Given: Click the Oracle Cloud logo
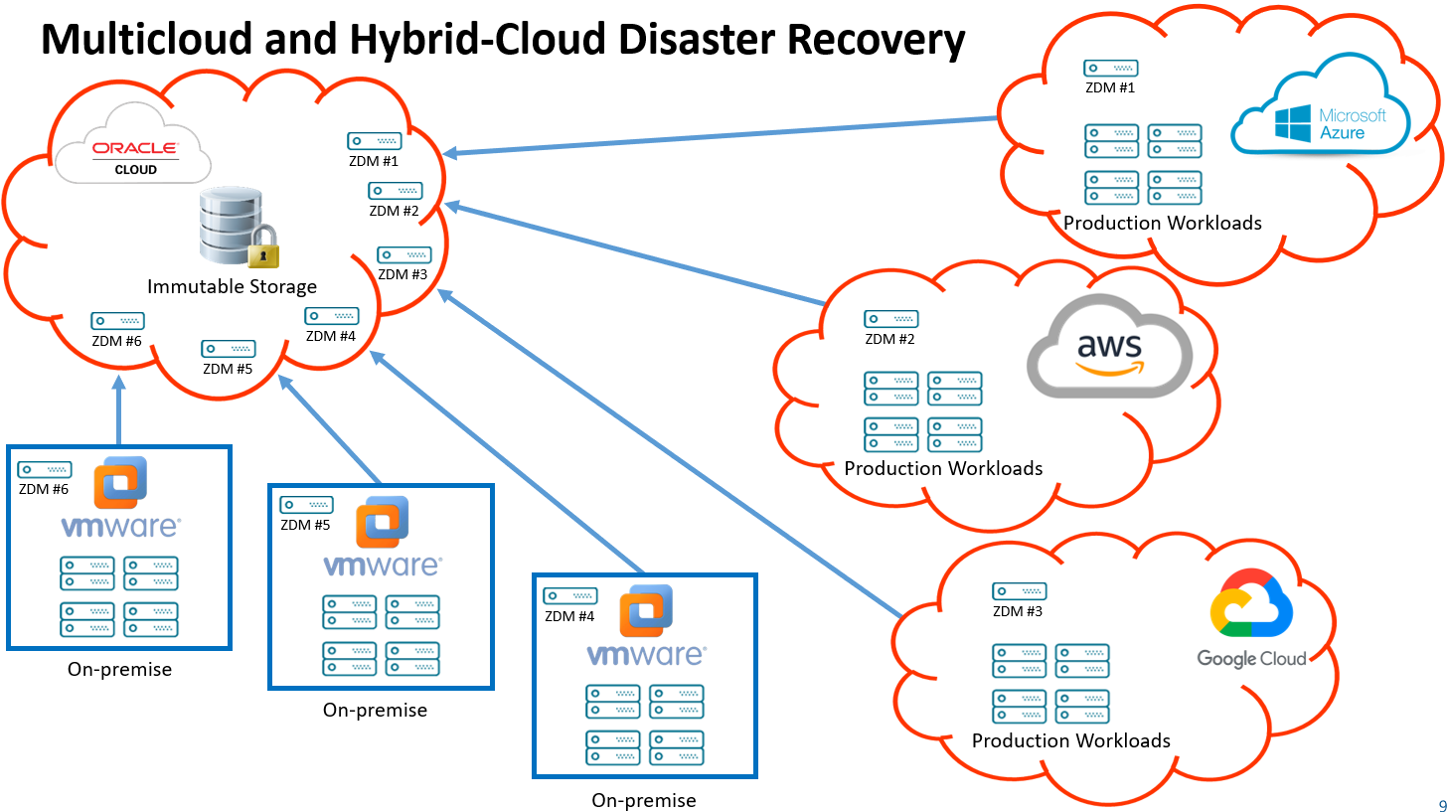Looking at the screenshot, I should pyautogui.click(x=133, y=155).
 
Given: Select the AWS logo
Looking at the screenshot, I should pyautogui.click(x=1109, y=350).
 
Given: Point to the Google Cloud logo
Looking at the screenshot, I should pyautogui.click(x=1251, y=621).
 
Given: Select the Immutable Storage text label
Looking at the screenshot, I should pyautogui.click(x=232, y=287).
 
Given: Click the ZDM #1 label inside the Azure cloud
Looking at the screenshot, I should pyautogui.click(x=1110, y=87).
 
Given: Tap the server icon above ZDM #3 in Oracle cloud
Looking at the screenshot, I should pyautogui.click(x=403, y=255).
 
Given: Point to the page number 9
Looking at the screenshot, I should pyautogui.click(x=1442, y=805).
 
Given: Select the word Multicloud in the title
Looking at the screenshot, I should pyautogui.click(x=146, y=40).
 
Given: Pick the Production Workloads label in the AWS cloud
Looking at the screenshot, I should pyautogui.click(x=943, y=468).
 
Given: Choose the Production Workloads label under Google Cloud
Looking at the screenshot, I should pyautogui.click(x=1070, y=740).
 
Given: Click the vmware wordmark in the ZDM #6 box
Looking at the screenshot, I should pyautogui.click(x=120, y=526).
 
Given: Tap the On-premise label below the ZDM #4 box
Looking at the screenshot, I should pyautogui.click(x=643, y=800).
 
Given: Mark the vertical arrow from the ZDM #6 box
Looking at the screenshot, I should pyautogui.click(x=119, y=412).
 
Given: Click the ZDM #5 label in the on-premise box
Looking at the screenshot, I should pyautogui.click(x=305, y=525).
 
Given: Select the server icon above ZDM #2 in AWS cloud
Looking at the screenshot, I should pyautogui.click(x=890, y=319).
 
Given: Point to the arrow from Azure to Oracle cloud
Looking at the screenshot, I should pyautogui.click(x=721, y=136).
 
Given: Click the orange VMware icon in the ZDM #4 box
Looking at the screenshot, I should pyautogui.click(x=646, y=610).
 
